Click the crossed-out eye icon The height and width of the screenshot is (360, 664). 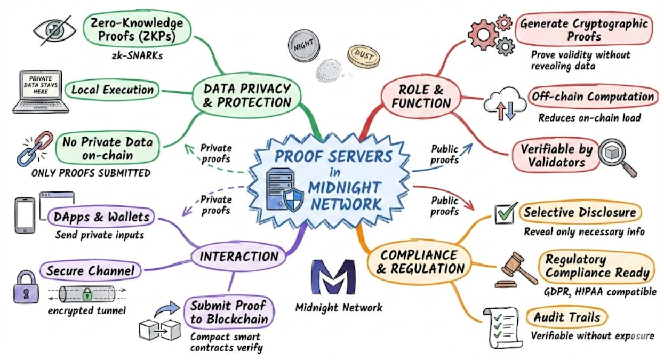click(55, 30)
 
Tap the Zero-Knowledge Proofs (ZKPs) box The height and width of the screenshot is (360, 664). click(137, 30)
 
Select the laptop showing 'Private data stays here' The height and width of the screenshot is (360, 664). click(37, 91)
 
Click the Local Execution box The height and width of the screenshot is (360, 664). click(113, 90)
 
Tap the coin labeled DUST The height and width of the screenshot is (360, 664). click(363, 54)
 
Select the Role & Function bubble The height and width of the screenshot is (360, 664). click(421, 95)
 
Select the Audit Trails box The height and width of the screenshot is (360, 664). click(566, 318)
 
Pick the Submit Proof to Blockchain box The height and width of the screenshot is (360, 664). click(229, 313)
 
